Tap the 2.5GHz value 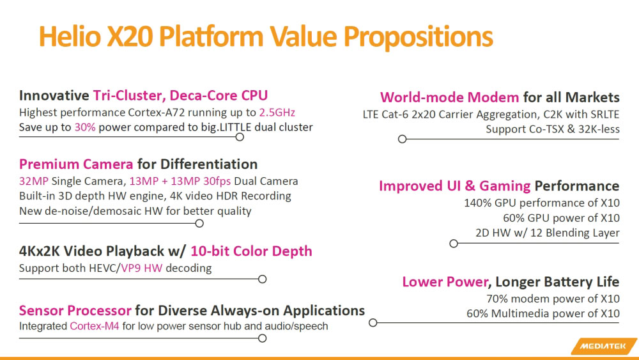277,113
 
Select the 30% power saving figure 86,127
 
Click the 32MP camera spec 33,181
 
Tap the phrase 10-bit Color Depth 251,251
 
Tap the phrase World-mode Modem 449,97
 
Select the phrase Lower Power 445,282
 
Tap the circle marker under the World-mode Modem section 402,139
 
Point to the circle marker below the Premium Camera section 199,223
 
